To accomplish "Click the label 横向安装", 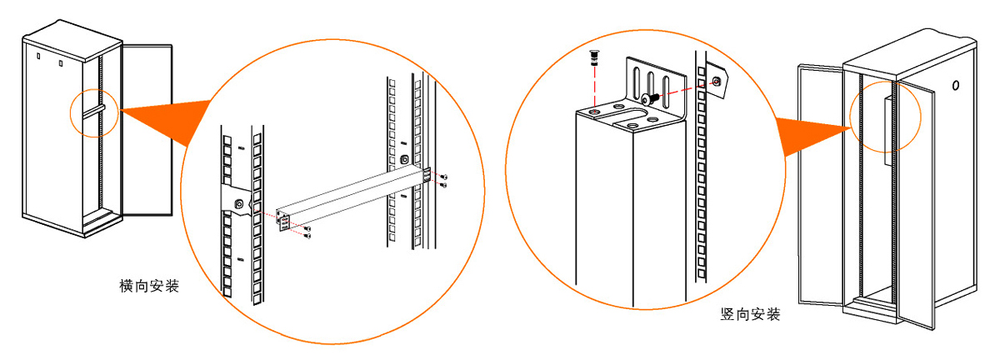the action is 149,286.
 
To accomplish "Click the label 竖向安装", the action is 750,314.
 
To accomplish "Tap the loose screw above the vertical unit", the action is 594,58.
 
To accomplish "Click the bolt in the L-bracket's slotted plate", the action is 649,98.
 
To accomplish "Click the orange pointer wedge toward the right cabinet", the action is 812,134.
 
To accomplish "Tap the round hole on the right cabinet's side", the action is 955,85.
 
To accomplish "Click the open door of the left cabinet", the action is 147,130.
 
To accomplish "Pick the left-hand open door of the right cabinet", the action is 821,185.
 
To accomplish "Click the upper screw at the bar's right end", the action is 443,177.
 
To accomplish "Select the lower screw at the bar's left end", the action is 307,235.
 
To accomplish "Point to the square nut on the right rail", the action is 404,159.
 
